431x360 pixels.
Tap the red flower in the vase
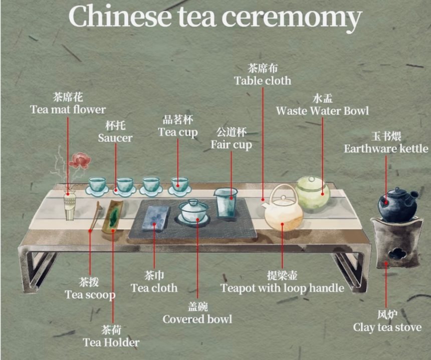79,161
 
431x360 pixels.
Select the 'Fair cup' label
231,145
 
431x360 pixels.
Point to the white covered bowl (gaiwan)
194,211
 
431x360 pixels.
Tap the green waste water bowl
312,193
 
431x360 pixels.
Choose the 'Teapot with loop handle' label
282,288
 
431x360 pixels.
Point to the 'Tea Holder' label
111,342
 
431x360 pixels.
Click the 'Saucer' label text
115,138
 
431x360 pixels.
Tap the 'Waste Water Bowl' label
322,111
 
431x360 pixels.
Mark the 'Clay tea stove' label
387,327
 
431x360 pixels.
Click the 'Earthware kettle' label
386,149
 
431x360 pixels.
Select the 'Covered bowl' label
197,319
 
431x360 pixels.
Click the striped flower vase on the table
70,206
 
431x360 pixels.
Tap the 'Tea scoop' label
90,294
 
